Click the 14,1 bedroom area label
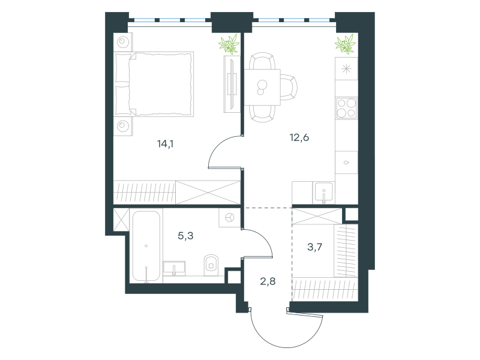pyautogui.click(x=166, y=143)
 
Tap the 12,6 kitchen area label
pyautogui.click(x=299, y=137)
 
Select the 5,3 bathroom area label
pyautogui.click(x=185, y=236)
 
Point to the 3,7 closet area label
pyautogui.click(x=314, y=247)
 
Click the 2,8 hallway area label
pyautogui.click(x=268, y=281)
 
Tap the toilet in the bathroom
pyautogui.click(x=211, y=264)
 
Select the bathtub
pyautogui.click(x=146, y=246)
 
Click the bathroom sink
pyautogui.click(x=174, y=267)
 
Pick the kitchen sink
pyautogui.click(x=323, y=192)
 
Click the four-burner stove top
pyautogui.click(x=347, y=108)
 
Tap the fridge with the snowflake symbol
pyautogui.click(x=347, y=68)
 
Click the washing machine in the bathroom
pyautogui.click(x=230, y=218)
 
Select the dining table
pyautogui.click(x=262, y=87)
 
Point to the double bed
pyautogui.click(x=154, y=84)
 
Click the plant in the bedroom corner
pyautogui.click(x=229, y=44)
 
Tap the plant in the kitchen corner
pyautogui.click(x=346, y=44)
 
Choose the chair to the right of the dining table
pyautogui.click(x=289, y=88)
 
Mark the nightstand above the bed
pyautogui.click(x=123, y=42)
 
